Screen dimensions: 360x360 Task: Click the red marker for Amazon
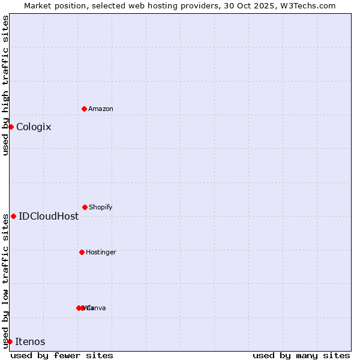(84, 109)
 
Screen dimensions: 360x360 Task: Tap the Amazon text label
(101, 109)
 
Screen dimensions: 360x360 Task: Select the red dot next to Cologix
(11, 127)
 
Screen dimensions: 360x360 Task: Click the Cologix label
(34, 127)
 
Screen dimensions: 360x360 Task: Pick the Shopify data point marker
(85, 207)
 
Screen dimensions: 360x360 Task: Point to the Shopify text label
(101, 207)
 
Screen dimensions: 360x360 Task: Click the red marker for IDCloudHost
(13, 216)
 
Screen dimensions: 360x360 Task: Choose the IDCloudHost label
(49, 216)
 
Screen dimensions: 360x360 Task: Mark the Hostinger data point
(82, 252)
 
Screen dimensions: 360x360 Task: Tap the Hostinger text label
(101, 252)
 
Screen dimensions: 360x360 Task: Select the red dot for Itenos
(10, 341)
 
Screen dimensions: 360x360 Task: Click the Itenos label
(30, 341)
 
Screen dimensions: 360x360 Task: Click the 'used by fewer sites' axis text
(62, 355)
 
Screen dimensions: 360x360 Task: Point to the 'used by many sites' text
(301, 355)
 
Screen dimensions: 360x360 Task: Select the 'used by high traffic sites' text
(5, 85)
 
